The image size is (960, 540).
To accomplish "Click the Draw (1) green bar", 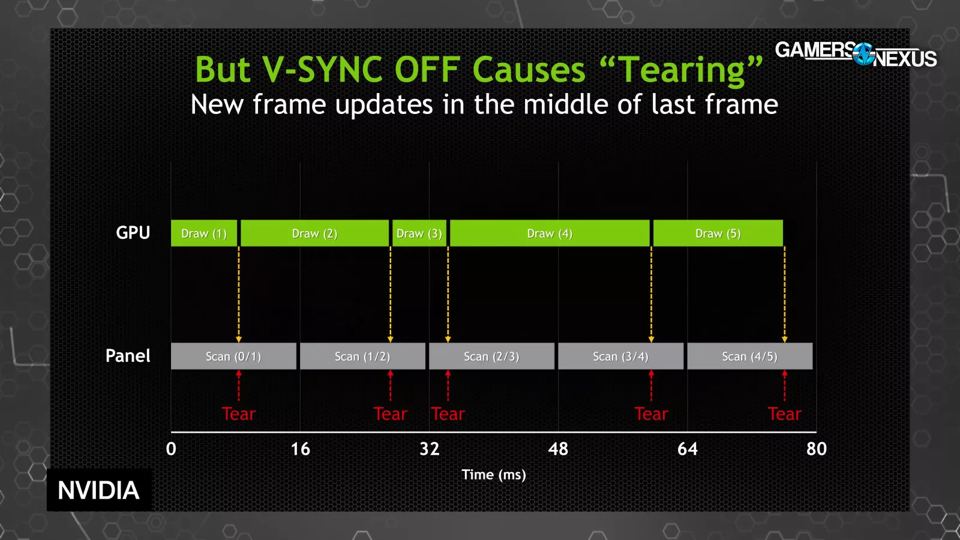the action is pos(204,233).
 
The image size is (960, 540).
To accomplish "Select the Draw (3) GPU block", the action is pos(419,233).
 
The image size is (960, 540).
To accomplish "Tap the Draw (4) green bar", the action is pos(550,233).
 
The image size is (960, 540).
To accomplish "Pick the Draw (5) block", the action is pos(718,233).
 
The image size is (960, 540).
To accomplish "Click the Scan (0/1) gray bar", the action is pos(233,356).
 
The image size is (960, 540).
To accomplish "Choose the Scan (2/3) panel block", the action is pos(491,356).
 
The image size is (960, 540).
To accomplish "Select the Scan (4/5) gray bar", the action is pos(749,356).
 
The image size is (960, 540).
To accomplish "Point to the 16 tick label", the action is pos(301,449).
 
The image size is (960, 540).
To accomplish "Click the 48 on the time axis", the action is pos(559,449).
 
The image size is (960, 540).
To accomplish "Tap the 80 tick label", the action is pos(817,449).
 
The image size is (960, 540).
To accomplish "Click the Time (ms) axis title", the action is pos(494,475).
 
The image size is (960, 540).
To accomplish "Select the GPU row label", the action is pos(133,233).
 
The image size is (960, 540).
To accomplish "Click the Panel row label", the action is pos(128,356).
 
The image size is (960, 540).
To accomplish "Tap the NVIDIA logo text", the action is pos(98,490).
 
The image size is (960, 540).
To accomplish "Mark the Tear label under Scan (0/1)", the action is pos(239,414).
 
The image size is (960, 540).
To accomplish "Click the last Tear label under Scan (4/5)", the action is pos(784,414).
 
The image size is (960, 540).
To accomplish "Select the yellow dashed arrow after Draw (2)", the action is pos(390,295).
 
